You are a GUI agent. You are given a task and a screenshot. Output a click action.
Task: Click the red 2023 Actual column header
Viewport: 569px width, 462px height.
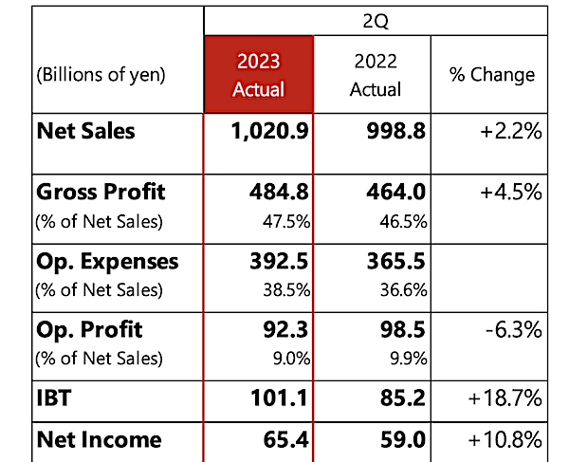pos(258,75)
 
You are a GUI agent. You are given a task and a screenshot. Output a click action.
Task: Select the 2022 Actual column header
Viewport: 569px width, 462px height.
pos(376,75)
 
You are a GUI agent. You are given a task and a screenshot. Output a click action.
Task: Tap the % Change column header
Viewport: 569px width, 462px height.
pos(492,75)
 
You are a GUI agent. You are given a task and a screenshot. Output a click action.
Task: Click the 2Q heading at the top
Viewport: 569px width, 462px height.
pos(376,22)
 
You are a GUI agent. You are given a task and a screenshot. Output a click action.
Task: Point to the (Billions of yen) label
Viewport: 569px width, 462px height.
pos(101,75)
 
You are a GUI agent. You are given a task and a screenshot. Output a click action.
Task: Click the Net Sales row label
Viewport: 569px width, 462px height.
pos(85,131)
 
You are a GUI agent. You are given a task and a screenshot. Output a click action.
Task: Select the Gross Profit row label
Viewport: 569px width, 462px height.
pos(101,192)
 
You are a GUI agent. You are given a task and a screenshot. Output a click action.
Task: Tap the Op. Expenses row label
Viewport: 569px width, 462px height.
pos(107,262)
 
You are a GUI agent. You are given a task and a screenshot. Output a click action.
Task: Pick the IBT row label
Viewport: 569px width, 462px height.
pos(54,397)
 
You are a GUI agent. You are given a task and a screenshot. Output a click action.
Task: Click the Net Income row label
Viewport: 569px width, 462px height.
pos(99,440)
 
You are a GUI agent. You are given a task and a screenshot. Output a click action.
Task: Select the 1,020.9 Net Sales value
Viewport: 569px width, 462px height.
pos(270,131)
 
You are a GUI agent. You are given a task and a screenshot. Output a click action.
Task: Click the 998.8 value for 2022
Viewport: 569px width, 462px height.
pos(395,131)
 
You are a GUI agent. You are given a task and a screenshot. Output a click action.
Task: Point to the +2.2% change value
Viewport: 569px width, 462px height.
pos(511,131)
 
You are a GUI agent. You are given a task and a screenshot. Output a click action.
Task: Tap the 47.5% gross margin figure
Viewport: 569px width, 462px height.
pos(286,221)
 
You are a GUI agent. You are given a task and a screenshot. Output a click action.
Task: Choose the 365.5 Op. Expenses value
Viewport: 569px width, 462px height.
pos(395,261)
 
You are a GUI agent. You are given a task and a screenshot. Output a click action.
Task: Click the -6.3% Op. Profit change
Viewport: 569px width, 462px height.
pos(514,330)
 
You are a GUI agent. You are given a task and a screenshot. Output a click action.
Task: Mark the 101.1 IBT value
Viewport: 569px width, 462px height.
pos(279,397)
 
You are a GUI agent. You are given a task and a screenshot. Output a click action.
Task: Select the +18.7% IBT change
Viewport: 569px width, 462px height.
pos(505,398)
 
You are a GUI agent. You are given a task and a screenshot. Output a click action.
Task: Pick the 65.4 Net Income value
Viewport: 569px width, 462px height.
pos(286,440)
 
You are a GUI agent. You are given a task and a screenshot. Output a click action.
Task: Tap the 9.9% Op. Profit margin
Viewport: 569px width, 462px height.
pos(409,359)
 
